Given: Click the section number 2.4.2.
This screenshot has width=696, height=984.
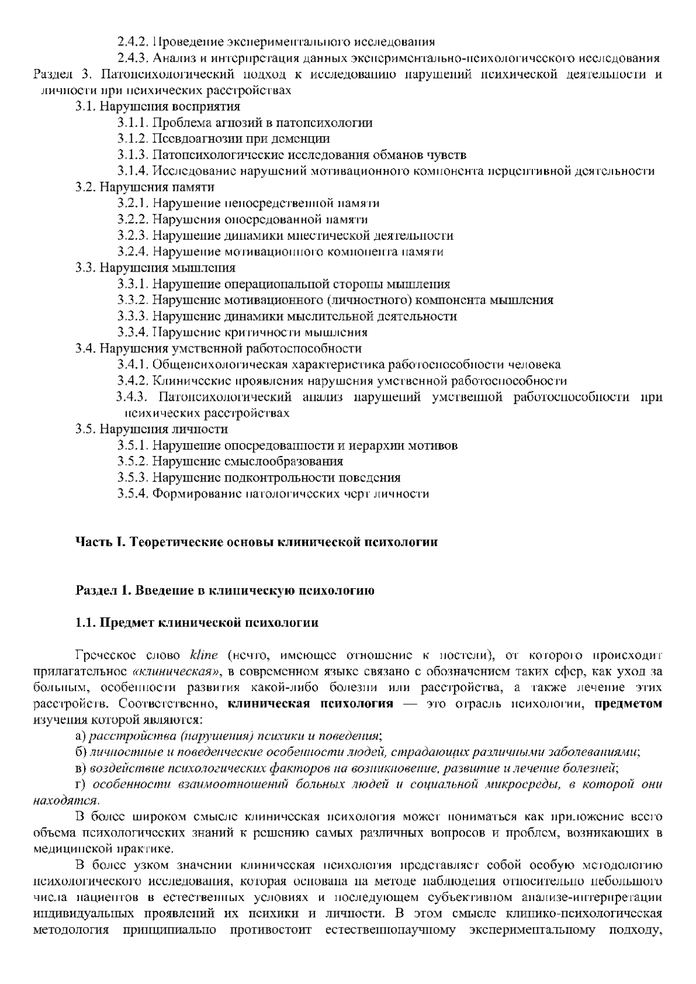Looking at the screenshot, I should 133,42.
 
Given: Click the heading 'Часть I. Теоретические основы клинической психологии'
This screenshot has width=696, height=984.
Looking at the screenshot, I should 256,542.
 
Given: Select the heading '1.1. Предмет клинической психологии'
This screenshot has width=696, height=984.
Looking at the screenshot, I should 197,623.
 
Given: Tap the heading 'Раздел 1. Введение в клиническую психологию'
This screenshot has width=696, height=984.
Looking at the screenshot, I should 224,591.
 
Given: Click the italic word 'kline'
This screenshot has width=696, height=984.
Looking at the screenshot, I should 204,656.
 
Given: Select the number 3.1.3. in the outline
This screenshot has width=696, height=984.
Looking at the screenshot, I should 133,155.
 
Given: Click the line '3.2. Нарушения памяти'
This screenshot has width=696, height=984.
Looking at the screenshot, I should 144,187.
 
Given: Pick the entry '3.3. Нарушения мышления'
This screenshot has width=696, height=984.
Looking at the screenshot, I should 155,267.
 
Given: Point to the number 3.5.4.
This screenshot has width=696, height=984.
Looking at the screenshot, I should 133,494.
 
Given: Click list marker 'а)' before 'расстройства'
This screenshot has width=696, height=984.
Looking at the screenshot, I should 81,736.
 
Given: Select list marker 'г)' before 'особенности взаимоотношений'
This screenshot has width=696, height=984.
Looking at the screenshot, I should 81,784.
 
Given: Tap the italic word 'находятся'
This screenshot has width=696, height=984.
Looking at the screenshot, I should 63,801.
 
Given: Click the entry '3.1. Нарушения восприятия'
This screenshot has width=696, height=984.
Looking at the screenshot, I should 157,106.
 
